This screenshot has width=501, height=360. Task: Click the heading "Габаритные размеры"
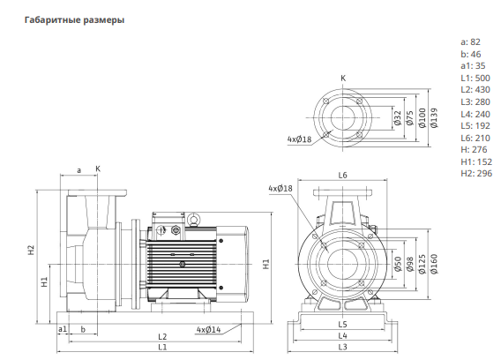tap(74, 19)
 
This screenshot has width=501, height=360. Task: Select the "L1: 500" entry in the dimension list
tap(475, 78)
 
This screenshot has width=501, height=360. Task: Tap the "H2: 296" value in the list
tap(476, 173)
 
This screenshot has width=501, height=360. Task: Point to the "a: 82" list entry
tap(470, 41)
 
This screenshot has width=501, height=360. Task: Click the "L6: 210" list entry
tap(475, 138)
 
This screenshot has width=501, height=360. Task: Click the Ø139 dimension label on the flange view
tap(434, 118)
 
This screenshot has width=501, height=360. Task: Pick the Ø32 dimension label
tap(398, 118)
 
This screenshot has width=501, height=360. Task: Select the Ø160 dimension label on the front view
tap(434, 264)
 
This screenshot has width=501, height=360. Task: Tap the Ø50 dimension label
tap(398, 264)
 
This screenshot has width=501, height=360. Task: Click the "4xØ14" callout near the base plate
tap(208, 329)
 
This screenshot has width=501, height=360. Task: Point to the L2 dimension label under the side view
tap(162, 336)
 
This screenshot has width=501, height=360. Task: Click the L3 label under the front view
tap(342, 347)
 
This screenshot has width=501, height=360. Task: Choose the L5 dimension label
tap(342, 325)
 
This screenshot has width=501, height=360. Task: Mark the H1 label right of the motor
tap(266, 264)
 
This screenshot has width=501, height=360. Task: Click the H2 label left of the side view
tap(31, 250)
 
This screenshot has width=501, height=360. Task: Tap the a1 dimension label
tap(63, 329)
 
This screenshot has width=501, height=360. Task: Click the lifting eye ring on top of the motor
tap(193, 220)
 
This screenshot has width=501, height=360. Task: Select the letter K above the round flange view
tap(343, 78)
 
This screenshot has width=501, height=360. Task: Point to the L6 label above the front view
tap(342, 176)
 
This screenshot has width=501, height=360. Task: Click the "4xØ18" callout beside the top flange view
tap(299, 139)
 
